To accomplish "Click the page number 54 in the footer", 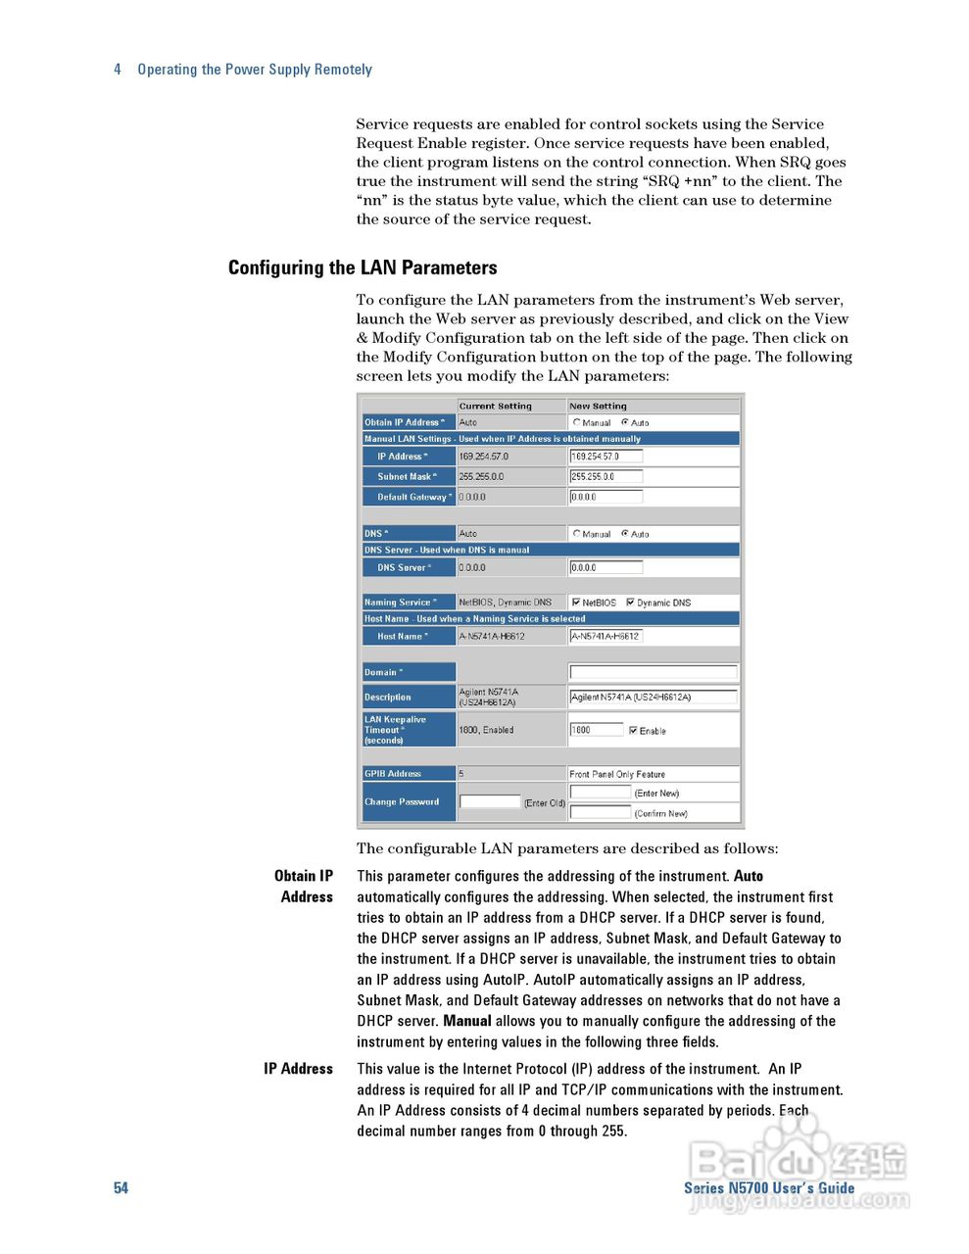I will click(x=121, y=1188).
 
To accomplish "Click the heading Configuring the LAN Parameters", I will click(x=363, y=267).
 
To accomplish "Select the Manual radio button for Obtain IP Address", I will click(x=577, y=422).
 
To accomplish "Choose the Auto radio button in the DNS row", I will click(x=625, y=534).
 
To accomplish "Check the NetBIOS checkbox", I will click(x=576, y=603).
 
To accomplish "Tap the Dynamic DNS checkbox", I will click(x=630, y=603).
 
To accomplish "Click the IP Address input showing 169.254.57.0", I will click(x=606, y=457).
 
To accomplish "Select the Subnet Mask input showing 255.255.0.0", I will click(x=606, y=477).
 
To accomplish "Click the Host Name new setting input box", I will click(x=606, y=636).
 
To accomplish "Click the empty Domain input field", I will click(x=653, y=672).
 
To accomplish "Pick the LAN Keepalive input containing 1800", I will click(x=596, y=730).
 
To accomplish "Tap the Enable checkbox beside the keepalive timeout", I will click(x=633, y=731).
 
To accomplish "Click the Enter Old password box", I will click(x=490, y=801).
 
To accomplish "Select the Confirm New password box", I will click(x=600, y=812).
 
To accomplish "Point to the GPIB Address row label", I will click(x=393, y=774).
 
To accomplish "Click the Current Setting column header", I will click(x=496, y=406).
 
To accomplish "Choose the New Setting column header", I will click(x=598, y=406).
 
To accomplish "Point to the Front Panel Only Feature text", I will click(x=617, y=774).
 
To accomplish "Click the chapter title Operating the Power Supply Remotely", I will click(x=255, y=70).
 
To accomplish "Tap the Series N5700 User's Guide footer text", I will click(x=769, y=1188).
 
